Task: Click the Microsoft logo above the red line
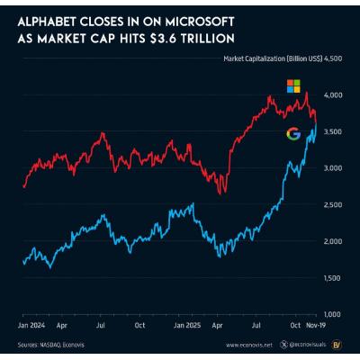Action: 293,85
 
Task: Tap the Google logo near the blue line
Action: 292,133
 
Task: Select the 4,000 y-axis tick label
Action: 333,94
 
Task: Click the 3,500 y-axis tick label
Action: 333,131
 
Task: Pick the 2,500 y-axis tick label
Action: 333,204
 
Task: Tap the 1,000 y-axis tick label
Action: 333,314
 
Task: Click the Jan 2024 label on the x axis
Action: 32,322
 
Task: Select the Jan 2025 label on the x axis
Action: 186,322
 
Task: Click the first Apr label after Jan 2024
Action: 62,322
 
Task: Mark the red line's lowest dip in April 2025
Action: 222,192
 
